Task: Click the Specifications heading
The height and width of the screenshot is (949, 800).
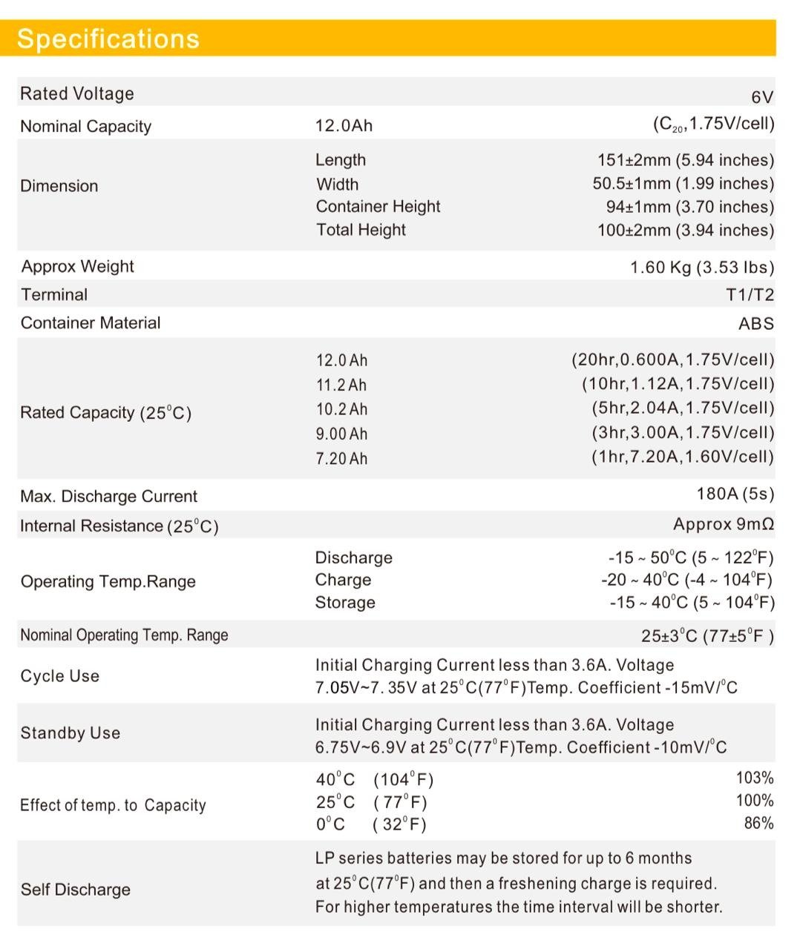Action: tap(108, 39)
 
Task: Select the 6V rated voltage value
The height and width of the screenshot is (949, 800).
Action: tap(762, 97)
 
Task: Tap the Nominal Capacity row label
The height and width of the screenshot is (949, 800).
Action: tap(85, 126)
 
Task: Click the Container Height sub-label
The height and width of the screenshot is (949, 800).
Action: tap(378, 206)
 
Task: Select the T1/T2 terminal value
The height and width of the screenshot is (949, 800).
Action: tap(750, 295)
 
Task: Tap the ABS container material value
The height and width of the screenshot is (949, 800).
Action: tap(755, 323)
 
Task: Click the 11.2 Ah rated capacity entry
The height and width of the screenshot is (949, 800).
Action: tap(341, 385)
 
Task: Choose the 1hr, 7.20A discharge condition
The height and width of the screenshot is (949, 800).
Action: tap(682, 457)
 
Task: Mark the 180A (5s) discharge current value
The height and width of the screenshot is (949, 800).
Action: tap(735, 495)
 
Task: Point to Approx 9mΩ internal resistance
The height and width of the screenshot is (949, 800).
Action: tap(723, 524)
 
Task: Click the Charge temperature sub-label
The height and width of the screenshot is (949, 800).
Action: tap(343, 580)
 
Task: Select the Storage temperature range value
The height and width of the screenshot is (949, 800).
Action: tap(691, 602)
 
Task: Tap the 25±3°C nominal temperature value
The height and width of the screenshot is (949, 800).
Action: tap(707, 636)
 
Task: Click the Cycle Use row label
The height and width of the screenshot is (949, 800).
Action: tap(59, 676)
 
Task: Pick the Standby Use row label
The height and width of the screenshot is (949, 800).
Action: tap(70, 733)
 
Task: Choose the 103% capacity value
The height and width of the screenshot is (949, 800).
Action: tap(754, 778)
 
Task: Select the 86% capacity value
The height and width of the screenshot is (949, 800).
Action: tap(758, 823)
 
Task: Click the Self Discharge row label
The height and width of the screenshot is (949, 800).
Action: tap(75, 890)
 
